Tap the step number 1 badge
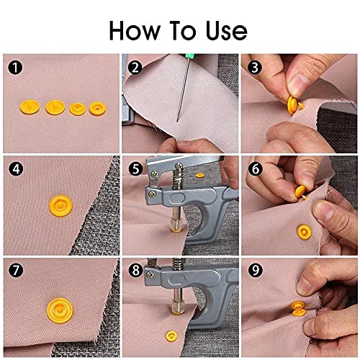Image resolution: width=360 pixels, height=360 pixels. pyautogui.click(x=13, y=68)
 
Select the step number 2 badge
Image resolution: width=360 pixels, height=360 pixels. pyautogui.click(x=134, y=68)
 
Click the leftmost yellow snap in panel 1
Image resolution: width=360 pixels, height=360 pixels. pyautogui.click(x=36, y=107)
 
